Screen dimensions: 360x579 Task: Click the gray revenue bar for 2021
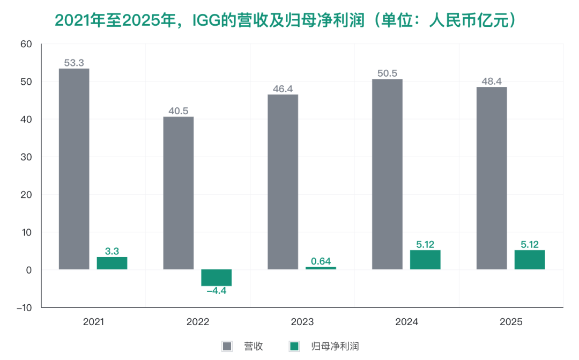pyautogui.click(x=74, y=169)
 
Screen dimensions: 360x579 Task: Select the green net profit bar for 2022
pyautogui.click(x=217, y=278)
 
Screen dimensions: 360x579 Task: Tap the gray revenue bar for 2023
pyautogui.click(x=283, y=182)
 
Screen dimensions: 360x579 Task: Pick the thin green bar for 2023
pyautogui.click(x=321, y=268)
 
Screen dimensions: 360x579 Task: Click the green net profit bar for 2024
pyautogui.click(x=425, y=260)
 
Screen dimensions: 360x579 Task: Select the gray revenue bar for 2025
pyautogui.click(x=491, y=178)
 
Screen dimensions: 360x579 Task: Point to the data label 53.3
pyautogui.click(x=74, y=63)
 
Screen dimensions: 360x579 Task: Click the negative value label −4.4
pyautogui.click(x=217, y=291)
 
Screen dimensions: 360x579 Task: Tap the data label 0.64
pyautogui.click(x=321, y=261)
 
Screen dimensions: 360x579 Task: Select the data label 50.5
pyautogui.click(x=387, y=74)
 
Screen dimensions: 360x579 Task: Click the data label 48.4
pyautogui.click(x=491, y=82)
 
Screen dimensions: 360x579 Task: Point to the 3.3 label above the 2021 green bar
pyautogui.click(x=112, y=251)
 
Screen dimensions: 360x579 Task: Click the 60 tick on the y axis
pyautogui.click(x=27, y=44)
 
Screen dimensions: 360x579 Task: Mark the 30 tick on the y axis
pyautogui.click(x=27, y=157)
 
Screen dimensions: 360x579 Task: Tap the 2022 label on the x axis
pyautogui.click(x=198, y=322)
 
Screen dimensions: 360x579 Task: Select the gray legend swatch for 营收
pyautogui.click(x=227, y=346)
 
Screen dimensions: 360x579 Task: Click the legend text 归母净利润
pyautogui.click(x=335, y=346)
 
